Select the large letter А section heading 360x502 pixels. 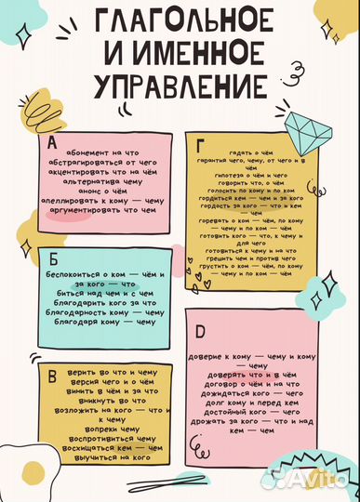pyautogui.click(x=50, y=142)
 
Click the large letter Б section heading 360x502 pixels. pyautogui.click(x=52, y=258)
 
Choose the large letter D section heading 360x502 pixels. pyautogui.click(x=200, y=329)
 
